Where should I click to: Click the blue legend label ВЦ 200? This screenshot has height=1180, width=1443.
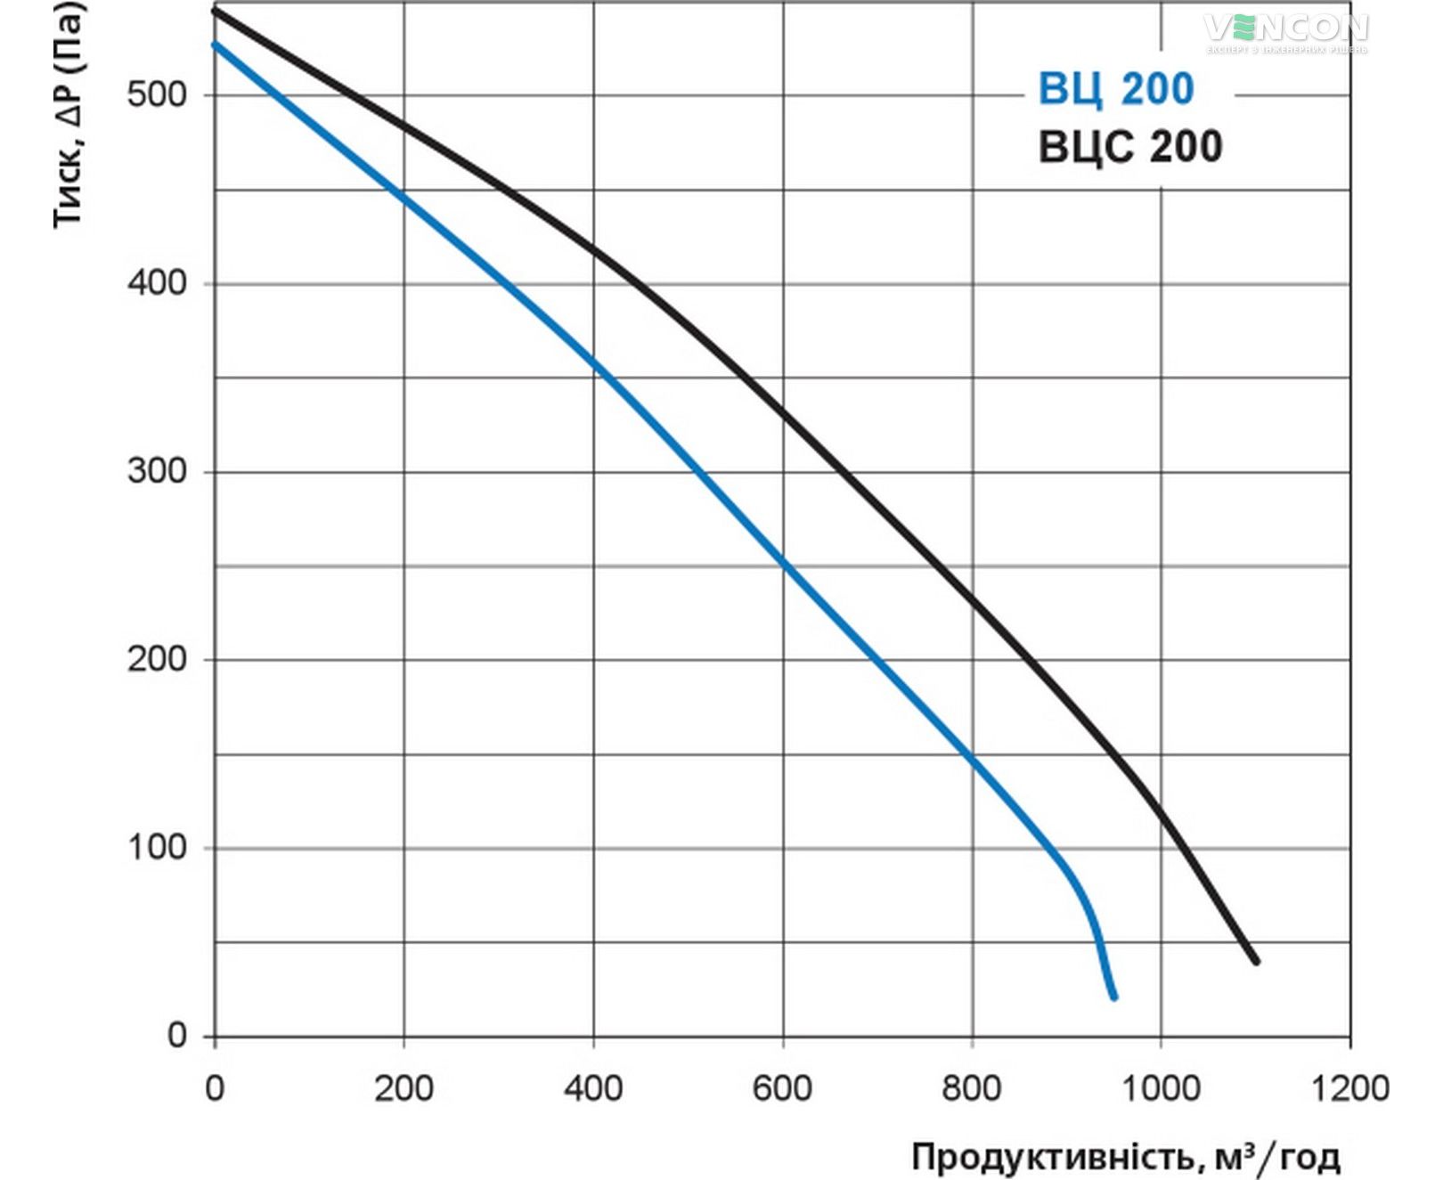point(1115,90)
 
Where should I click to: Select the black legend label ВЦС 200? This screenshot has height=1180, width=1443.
point(1130,147)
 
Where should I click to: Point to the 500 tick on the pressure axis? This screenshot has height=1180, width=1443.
point(157,94)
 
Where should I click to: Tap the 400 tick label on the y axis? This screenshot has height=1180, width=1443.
point(157,283)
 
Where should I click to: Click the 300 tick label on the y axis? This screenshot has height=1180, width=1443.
point(157,471)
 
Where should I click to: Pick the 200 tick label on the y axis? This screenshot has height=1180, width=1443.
point(157,660)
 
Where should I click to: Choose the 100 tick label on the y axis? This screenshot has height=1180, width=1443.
point(157,848)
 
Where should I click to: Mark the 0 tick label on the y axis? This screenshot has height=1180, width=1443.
point(177,1036)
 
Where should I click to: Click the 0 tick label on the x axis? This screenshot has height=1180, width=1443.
point(215,1088)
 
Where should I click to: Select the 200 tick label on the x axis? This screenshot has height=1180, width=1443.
point(404,1088)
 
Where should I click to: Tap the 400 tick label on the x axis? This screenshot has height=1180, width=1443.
point(593,1088)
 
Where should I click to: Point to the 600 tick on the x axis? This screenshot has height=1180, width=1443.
point(782,1088)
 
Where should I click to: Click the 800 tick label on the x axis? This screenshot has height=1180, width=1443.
point(972,1088)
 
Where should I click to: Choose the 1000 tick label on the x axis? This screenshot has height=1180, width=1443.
point(1161,1088)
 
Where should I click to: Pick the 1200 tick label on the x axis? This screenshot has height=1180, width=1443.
point(1350,1088)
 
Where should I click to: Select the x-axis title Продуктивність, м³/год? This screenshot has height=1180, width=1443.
point(1125,1157)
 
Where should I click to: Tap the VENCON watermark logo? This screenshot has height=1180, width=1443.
point(1286,31)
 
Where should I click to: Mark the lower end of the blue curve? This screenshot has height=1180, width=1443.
point(1113,997)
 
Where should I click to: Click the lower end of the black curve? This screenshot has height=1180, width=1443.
point(1256,961)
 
